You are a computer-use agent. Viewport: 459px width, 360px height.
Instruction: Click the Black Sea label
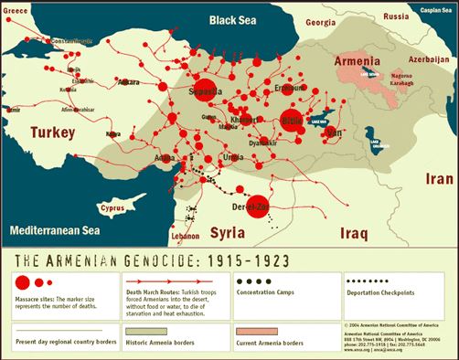pos(237,19)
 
